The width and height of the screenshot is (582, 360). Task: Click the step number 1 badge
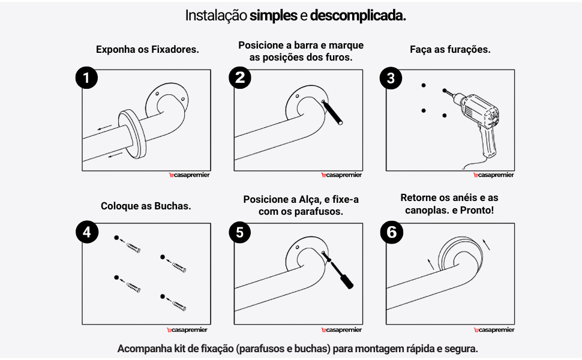[87, 79]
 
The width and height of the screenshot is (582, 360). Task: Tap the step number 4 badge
[87, 232]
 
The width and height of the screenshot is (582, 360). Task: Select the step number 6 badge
[392, 232]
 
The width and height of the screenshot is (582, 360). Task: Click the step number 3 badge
[392, 79]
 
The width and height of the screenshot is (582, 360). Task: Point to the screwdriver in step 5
[338, 271]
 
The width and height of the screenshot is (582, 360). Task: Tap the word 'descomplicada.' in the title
[358, 16]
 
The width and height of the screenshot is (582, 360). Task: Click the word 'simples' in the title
[274, 16]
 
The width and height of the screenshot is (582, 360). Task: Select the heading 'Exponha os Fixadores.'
[147, 50]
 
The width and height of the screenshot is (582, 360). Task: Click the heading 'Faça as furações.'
[450, 50]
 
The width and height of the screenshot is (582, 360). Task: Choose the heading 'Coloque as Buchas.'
[146, 206]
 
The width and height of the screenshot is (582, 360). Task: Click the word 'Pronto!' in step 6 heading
[479, 211]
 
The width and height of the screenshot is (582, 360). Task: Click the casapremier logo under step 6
[493, 329]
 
